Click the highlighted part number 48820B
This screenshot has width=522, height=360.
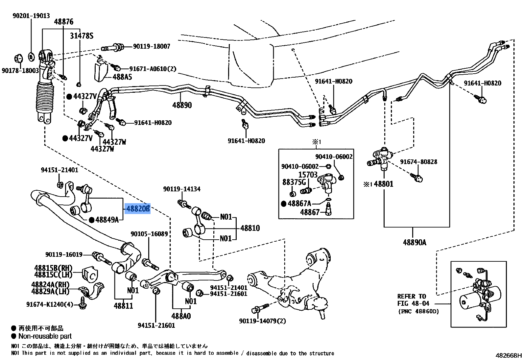[138, 208]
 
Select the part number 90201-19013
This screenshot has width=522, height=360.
[31, 15]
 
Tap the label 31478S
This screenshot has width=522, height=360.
[82, 36]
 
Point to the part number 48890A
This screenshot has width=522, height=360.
[415, 242]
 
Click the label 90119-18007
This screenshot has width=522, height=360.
[152, 46]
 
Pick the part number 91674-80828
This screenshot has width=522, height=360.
[418, 162]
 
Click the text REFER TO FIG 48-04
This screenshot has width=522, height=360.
[413, 300]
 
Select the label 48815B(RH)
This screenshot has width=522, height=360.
[53, 268]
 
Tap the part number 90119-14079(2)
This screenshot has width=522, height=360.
[262, 321]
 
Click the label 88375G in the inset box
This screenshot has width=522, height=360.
[294, 182]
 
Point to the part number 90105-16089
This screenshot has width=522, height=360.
[149, 234]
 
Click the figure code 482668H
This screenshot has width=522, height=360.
[508, 355]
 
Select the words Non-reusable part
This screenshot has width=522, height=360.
[45, 336]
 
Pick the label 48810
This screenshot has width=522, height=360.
[250, 228]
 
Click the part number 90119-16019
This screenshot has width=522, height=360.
[64, 254]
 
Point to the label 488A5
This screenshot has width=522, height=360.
[122, 77]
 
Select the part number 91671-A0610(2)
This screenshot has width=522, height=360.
[153, 69]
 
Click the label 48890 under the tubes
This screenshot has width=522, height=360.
[182, 105]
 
